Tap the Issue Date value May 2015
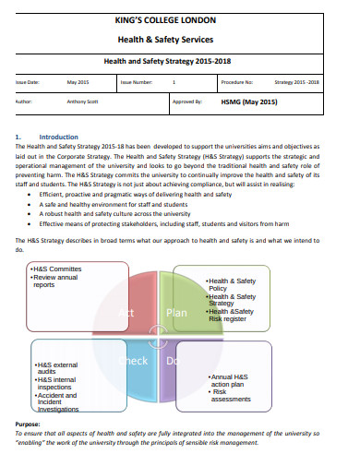78,82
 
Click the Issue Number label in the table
138,82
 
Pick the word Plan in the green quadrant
176,312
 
